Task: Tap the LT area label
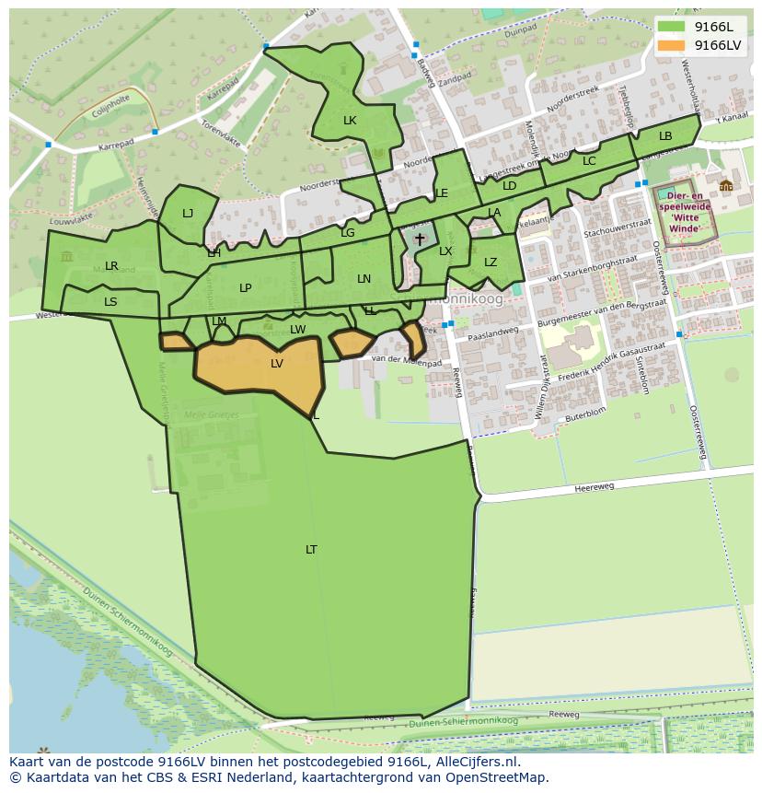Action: coord(311,550)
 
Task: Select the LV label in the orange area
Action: coord(277,364)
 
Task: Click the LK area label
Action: coord(350,121)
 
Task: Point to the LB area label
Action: coord(665,136)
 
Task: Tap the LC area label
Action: coord(589,161)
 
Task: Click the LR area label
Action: coord(111,266)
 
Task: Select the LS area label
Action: coord(110,301)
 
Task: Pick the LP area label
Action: coord(246,288)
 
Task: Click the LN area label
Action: coord(364,279)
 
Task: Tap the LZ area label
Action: coord(491,262)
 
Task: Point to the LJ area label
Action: coord(188,214)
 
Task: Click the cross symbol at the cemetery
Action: coord(420,239)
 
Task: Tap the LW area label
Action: coord(298,330)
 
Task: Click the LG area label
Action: coord(347,233)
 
